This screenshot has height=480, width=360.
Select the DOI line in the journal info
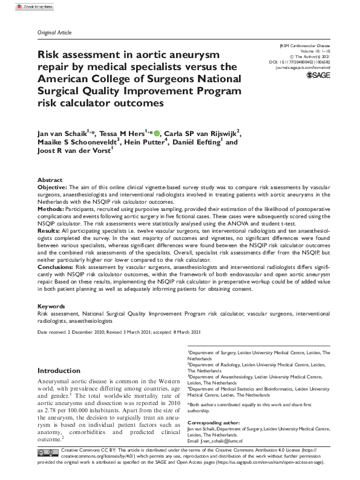click(x=299, y=62)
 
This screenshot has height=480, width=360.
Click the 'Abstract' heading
click(x=50, y=180)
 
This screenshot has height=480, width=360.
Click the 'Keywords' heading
click(x=51, y=306)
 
